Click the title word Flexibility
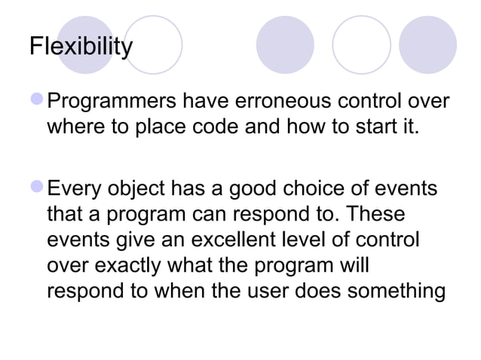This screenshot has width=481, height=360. pyautogui.click(x=80, y=47)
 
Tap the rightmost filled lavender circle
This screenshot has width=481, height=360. pyautogui.click(x=428, y=44)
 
